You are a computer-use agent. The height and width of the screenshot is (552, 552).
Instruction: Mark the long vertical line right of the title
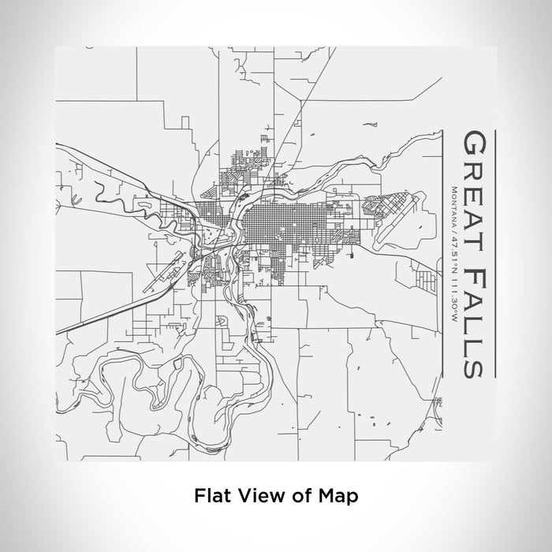pyautogui.click(x=494, y=252)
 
